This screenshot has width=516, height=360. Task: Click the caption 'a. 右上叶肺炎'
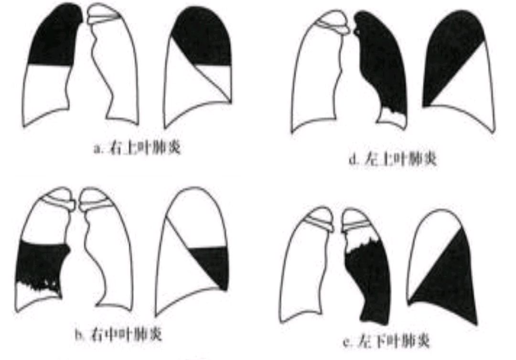click(137, 149)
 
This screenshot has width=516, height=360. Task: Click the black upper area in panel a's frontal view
click(52, 38)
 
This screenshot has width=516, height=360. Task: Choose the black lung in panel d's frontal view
click(382, 62)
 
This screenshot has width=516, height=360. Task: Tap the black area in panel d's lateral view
click(449, 53)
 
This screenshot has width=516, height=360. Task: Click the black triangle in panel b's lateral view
click(215, 263)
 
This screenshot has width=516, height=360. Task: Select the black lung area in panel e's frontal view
click(368, 277)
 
